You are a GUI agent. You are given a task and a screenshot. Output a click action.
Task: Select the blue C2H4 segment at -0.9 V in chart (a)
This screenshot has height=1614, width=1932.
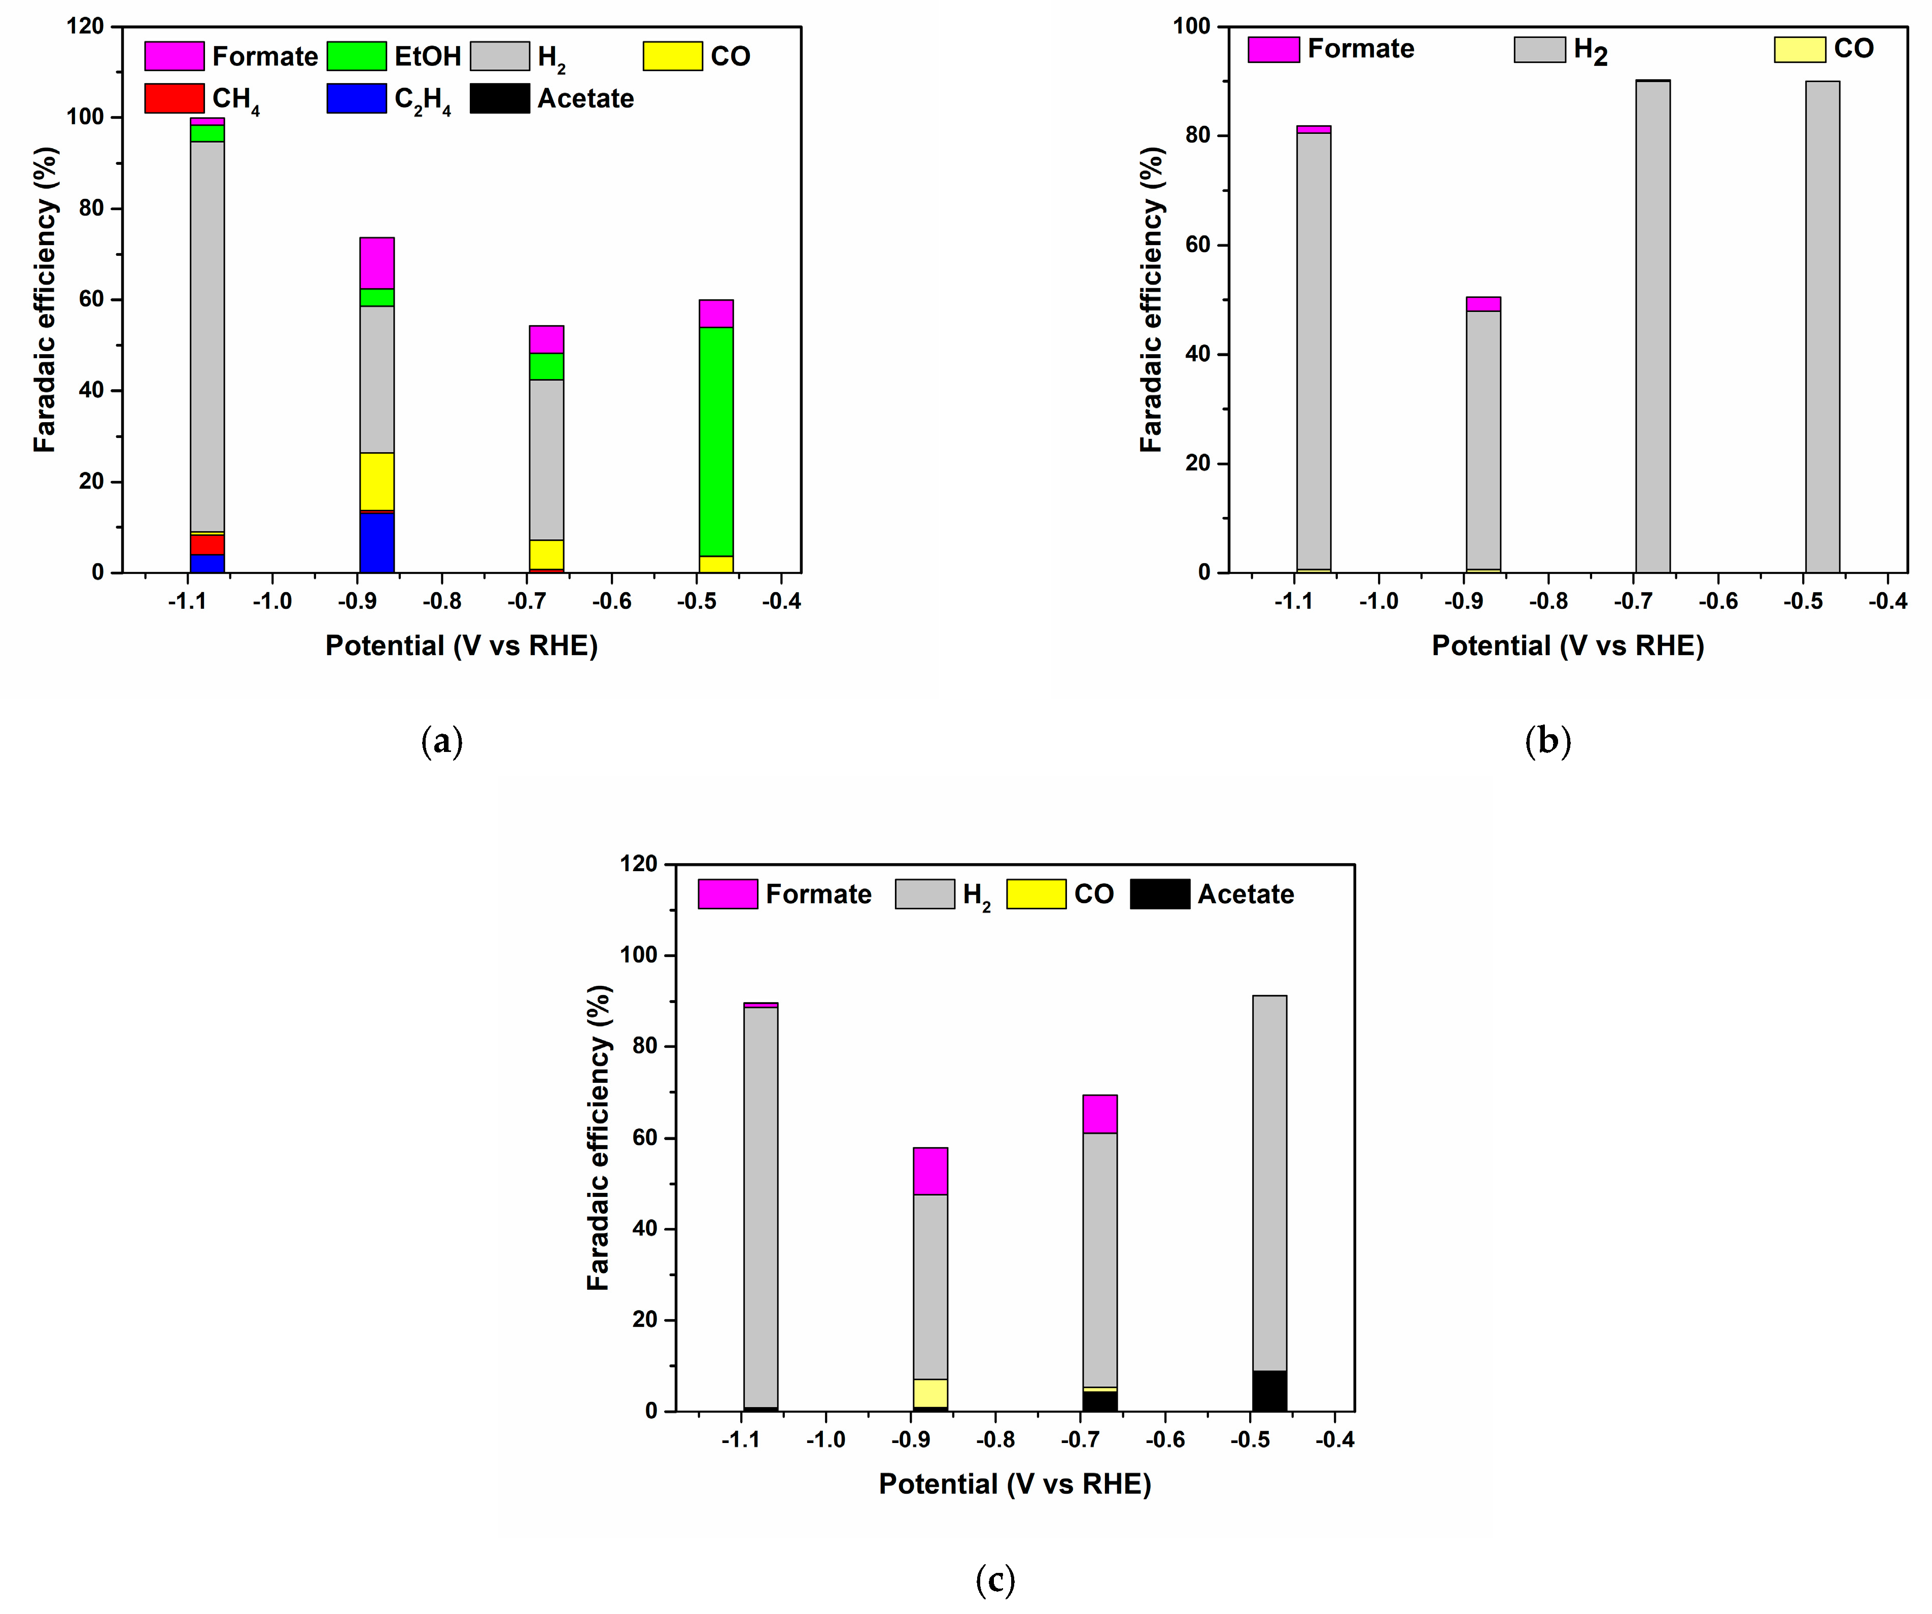coord(377,543)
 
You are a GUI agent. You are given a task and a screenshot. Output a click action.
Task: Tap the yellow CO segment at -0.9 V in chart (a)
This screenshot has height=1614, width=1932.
coord(377,481)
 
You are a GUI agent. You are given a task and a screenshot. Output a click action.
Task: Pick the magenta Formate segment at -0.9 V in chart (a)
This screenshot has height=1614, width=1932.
coord(377,263)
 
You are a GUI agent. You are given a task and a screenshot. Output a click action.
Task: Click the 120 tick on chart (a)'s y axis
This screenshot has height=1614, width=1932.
coord(86,27)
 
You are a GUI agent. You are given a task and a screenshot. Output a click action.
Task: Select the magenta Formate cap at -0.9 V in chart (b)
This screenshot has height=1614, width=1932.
coord(1483,303)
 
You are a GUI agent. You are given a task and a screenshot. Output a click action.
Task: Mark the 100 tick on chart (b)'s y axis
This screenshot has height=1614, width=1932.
coord(1191,27)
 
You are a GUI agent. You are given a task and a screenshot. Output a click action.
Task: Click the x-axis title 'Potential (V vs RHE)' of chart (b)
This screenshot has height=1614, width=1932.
coord(1568,645)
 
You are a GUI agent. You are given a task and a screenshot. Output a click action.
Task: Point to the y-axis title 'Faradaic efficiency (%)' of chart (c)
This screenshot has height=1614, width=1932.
coord(599,1138)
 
